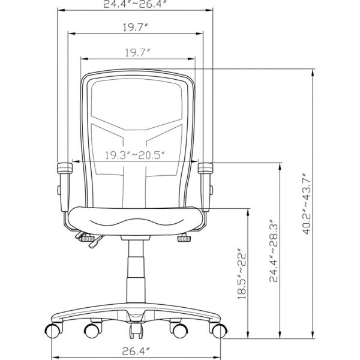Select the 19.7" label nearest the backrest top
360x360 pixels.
137,53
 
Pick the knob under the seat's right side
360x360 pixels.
184,239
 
